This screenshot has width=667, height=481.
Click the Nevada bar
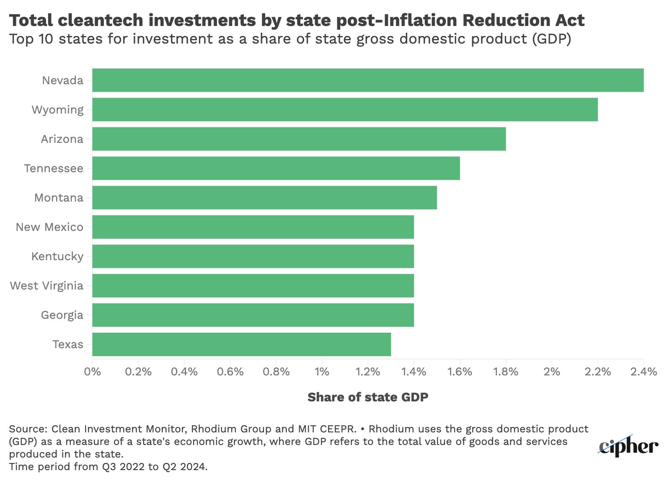(368, 80)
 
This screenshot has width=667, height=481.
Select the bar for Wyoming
(345, 109)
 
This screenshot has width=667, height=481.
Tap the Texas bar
(241, 344)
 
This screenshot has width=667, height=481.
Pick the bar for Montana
(264, 197)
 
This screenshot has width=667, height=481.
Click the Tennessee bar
(276, 168)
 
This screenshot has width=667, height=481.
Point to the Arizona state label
(62, 139)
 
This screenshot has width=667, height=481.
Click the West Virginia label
(47, 286)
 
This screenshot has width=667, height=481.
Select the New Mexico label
(49, 227)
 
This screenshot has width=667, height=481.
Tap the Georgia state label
(62, 315)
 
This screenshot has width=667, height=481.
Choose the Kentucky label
(57, 256)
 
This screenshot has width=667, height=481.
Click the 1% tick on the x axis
(322, 372)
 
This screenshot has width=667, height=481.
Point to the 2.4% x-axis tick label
(643, 372)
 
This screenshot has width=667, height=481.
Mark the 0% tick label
(93, 372)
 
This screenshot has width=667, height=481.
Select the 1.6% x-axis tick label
(460, 372)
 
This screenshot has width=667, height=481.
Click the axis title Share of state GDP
(368, 397)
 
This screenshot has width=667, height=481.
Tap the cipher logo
(628, 447)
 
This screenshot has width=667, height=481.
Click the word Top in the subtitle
(21, 39)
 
